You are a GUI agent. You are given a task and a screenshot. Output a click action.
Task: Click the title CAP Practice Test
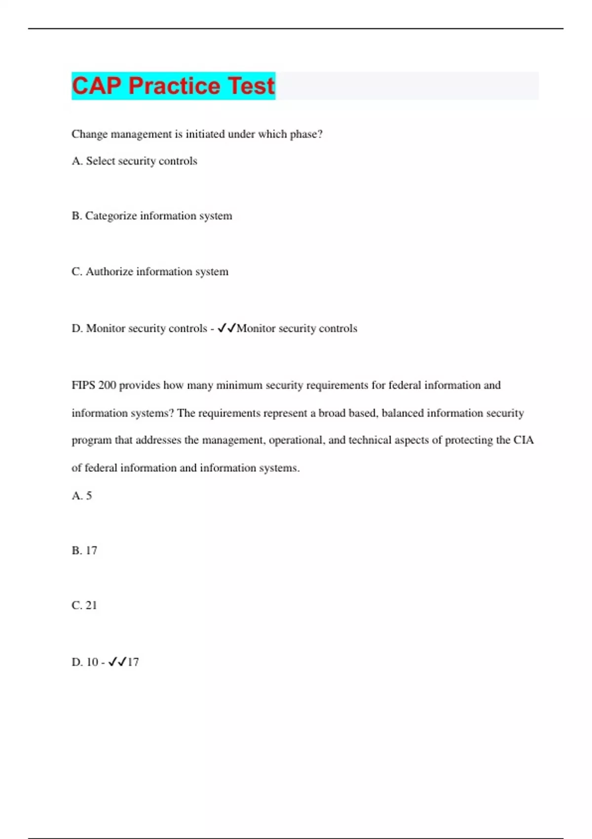pyautogui.click(x=173, y=86)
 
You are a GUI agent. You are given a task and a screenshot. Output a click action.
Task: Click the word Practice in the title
pyautogui.click(x=174, y=86)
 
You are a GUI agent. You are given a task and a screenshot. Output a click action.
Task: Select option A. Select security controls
pyautogui.click(x=134, y=161)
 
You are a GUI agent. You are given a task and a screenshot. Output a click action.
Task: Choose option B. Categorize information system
pyautogui.click(x=151, y=216)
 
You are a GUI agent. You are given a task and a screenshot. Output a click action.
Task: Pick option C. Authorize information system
pyautogui.click(x=150, y=271)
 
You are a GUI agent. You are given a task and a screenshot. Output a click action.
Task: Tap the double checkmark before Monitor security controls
pyautogui.click(x=227, y=328)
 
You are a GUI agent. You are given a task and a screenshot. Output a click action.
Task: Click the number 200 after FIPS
pyautogui.click(x=107, y=385)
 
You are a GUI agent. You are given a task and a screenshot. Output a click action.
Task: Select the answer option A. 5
pyautogui.click(x=82, y=496)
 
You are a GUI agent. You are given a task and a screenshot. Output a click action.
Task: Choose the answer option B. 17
pyautogui.click(x=84, y=550)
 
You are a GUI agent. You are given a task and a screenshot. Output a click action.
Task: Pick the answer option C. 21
pyautogui.click(x=84, y=605)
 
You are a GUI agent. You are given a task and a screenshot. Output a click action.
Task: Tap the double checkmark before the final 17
pyautogui.click(x=117, y=662)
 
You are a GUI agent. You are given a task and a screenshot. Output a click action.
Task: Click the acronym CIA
pyautogui.click(x=523, y=440)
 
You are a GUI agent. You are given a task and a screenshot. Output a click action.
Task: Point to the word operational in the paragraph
pyautogui.click(x=296, y=440)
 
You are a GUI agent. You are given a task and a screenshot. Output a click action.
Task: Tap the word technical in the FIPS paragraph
pyautogui.click(x=370, y=440)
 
